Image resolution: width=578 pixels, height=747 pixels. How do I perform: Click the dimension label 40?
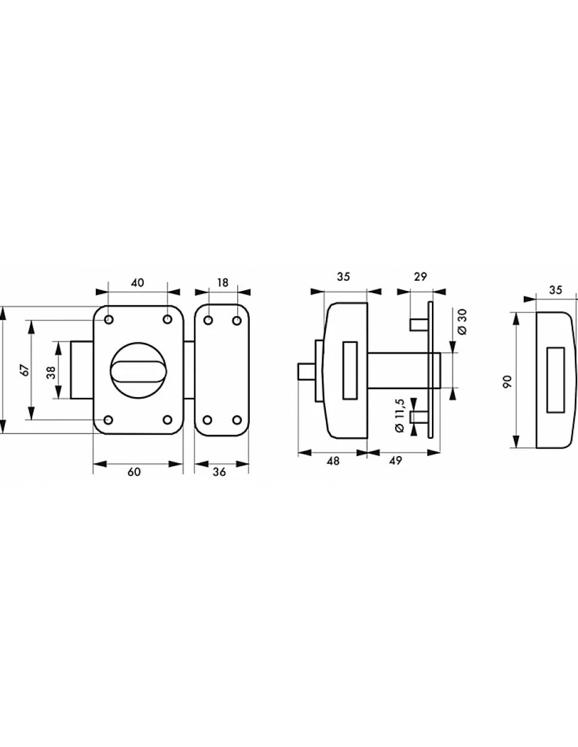coord(138,283)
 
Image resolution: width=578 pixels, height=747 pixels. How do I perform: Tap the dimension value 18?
coord(222,283)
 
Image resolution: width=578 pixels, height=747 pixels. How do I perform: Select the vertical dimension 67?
coord(26,370)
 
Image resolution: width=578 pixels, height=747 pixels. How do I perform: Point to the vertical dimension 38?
coord(51,372)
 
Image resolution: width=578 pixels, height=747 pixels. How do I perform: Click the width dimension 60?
coord(134,472)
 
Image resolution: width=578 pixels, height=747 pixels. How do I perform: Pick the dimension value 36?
coord(219,472)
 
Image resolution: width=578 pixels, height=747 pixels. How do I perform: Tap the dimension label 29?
coord(420,277)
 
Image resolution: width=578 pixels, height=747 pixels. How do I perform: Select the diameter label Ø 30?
coord(462,322)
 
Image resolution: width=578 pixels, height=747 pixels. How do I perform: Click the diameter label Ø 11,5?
coord(400,416)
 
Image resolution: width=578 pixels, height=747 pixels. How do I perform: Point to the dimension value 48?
coord(332,461)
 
